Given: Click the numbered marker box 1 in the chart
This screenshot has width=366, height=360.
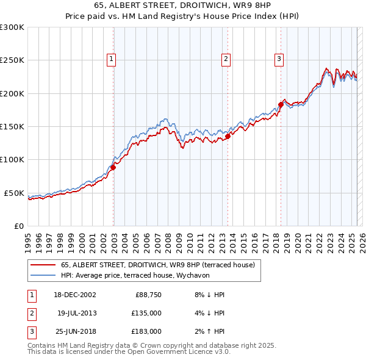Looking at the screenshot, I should (112, 59).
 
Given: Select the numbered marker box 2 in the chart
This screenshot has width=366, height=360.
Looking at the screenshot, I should (226, 59).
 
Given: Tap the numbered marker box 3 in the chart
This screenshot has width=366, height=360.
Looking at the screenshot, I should (279, 59).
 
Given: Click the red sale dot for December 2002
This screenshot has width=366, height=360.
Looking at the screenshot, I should (113, 167).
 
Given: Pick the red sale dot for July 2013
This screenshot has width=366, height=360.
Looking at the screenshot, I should (228, 137).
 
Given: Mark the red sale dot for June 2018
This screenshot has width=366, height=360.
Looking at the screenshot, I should (281, 105).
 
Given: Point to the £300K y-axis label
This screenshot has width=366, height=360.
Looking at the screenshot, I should (12, 27).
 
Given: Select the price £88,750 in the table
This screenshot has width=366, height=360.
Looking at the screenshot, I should (147, 295).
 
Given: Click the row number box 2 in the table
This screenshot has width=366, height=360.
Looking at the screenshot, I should (31, 313).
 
